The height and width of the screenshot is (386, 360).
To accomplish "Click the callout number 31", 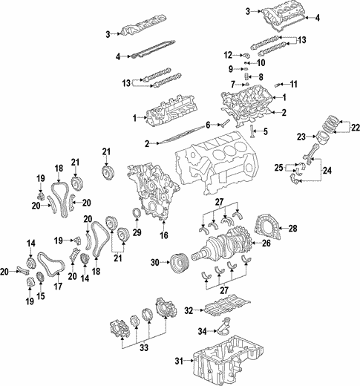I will pyautogui.click(x=177, y=362).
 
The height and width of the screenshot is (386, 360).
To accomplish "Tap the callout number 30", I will pyautogui.click(x=154, y=262).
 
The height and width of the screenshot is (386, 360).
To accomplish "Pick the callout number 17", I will pyautogui.click(x=56, y=285).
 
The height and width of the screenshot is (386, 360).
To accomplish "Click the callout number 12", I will pyautogui.click(x=227, y=53).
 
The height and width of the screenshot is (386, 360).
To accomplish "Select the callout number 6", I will pyautogui.click(x=209, y=124).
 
